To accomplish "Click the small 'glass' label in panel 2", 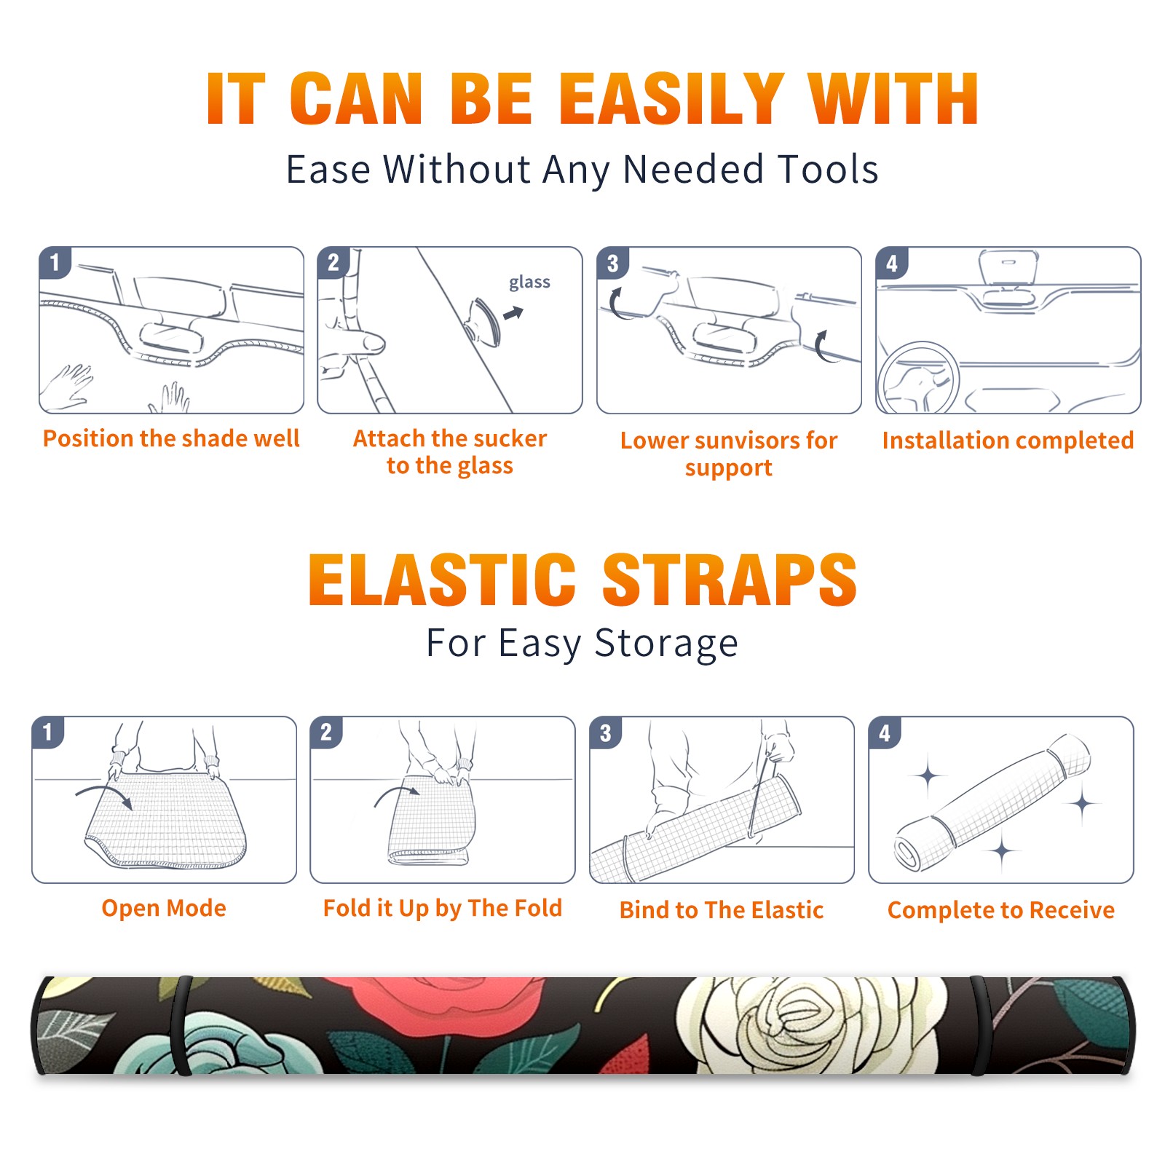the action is click(529, 283).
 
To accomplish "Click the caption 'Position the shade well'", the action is click(171, 438).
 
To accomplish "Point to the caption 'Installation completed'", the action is click(1008, 440).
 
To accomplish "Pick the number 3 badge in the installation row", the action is click(612, 263).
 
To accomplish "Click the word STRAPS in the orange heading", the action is click(730, 580).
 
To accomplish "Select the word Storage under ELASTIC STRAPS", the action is click(666, 644).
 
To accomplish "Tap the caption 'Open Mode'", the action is click(164, 908).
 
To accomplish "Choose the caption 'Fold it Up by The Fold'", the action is click(443, 908).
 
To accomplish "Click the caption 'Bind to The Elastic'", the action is click(722, 910).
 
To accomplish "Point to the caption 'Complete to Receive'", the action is click(1001, 910).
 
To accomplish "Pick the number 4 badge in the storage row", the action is click(885, 732).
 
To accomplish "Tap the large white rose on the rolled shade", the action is click(808, 1023).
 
